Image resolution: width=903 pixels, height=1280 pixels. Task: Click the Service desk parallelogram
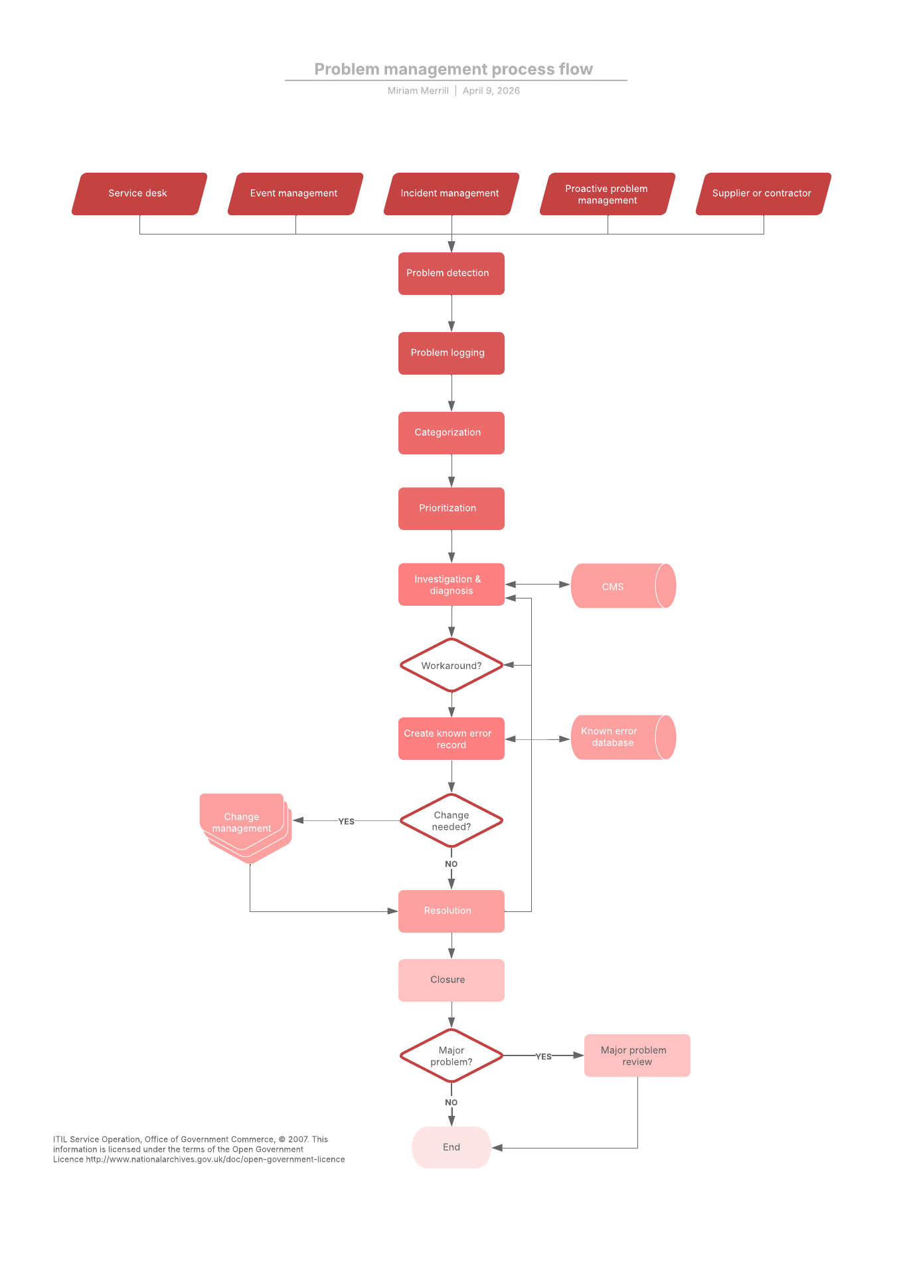[139, 193]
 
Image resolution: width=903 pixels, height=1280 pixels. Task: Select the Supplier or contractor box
[763, 193]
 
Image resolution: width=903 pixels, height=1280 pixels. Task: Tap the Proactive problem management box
[607, 194]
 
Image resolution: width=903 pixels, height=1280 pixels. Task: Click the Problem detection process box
[451, 273]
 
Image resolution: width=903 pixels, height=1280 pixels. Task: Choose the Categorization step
[451, 432]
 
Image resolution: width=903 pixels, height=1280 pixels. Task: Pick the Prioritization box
[451, 508]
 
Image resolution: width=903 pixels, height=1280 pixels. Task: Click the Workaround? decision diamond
[451, 666]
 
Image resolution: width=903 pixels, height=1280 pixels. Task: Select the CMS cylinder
[617, 587]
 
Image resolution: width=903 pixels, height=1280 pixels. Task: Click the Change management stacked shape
[242, 822]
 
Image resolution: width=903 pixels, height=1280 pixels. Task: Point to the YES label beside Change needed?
[346, 822]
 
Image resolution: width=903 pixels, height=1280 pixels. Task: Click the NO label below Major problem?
[451, 1103]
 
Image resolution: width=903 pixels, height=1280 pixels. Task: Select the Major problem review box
[637, 1055]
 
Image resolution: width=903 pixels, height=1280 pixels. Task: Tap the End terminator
[451, 1147]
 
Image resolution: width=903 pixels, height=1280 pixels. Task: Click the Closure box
[451, 980]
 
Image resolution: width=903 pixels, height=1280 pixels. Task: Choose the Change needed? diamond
[451, 821]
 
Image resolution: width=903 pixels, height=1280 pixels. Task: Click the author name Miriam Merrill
[418, 91]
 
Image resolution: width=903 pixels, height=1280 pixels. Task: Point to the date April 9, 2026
[491, 91]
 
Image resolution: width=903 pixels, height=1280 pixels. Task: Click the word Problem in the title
[346, 69]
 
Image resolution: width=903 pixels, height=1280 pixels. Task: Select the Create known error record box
[451, 739]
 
